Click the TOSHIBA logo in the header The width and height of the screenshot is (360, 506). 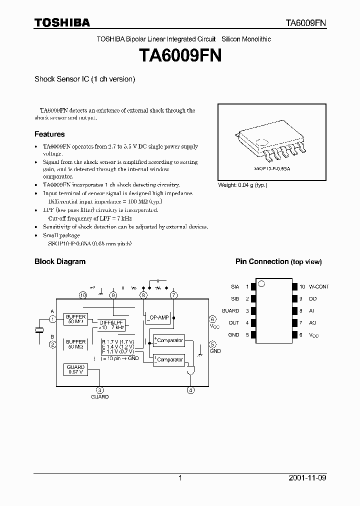(x=62, y=22)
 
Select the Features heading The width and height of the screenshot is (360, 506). (x=49, y=134)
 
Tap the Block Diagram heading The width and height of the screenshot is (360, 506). (x=59, y=261)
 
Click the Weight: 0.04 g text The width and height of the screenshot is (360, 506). (x=242, y=185)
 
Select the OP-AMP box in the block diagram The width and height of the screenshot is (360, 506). (x=159, y=317)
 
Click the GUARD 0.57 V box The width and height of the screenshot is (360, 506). (x=75, y=369)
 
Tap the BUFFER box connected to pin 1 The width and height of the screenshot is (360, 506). (x=75, y=319)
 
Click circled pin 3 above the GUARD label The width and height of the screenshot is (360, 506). (x=100, y=390)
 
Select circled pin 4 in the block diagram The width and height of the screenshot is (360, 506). (x=190, y=390)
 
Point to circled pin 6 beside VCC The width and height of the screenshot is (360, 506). (x=212, y=319)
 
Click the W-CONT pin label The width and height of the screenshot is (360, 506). (x=319, y=287)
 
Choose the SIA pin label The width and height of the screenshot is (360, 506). (x=235, y=287)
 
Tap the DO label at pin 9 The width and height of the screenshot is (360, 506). (x=312, y=299)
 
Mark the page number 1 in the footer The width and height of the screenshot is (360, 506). (x=180, y=478)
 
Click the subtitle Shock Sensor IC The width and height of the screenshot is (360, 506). (x=84, y=79)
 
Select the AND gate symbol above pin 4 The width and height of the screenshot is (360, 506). (x=190, y=371)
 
